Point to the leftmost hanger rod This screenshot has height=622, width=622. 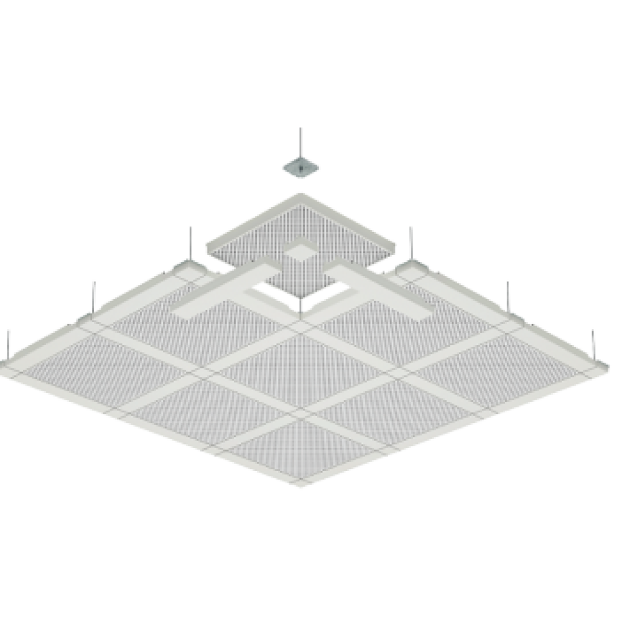[x=8, y=342]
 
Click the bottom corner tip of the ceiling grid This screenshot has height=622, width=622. [x=302, y=487]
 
